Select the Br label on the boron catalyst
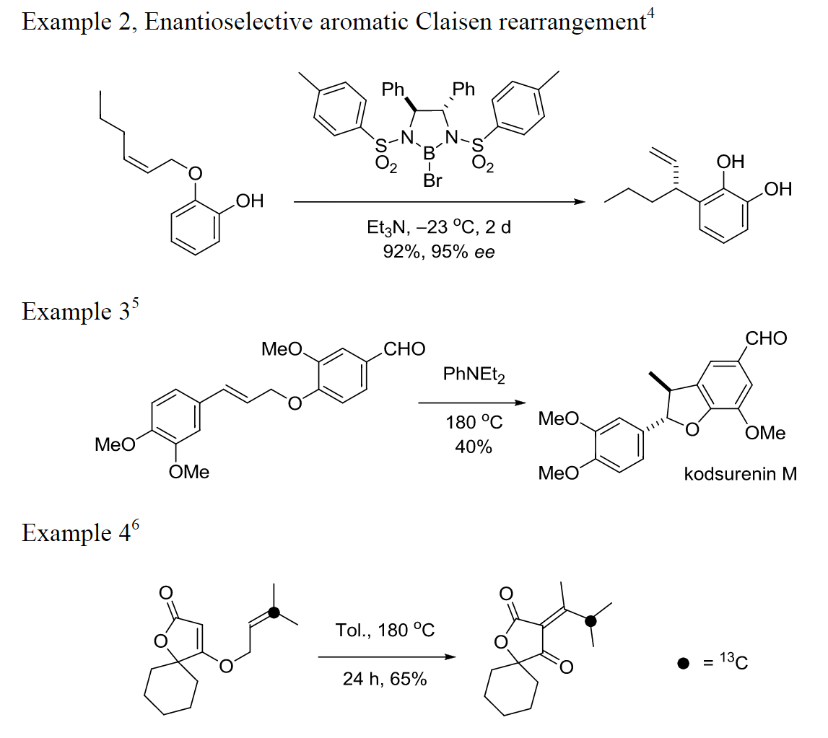[x=432, y=180]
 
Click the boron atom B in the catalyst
[x=432, y=153]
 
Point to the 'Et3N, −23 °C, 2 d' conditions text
[x=438, y=227]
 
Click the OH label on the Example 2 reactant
[x=249, y=201]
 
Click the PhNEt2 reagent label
[x=473, y=376]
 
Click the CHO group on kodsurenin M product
[x=766, y=338]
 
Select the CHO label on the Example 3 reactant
[x=404, y=350]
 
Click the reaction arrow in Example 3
[x=473, y=403]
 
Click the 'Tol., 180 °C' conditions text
[x=385, y=630]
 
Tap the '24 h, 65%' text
[x=385, y=679]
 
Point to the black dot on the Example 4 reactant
[x=274, y=613]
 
